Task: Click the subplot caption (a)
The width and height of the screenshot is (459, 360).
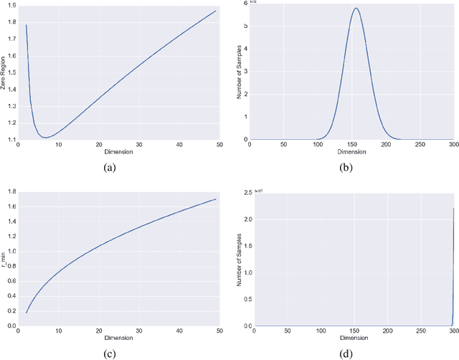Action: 110,167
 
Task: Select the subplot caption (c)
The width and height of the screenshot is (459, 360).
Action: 110,353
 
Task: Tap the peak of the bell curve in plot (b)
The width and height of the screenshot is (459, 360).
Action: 355,9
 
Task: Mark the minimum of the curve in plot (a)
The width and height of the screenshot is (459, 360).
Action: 45,137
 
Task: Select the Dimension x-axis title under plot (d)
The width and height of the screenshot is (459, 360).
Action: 352,338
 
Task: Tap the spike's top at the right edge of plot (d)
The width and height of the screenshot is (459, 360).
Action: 455,208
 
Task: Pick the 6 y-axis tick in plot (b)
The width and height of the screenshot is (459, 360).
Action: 245,4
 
